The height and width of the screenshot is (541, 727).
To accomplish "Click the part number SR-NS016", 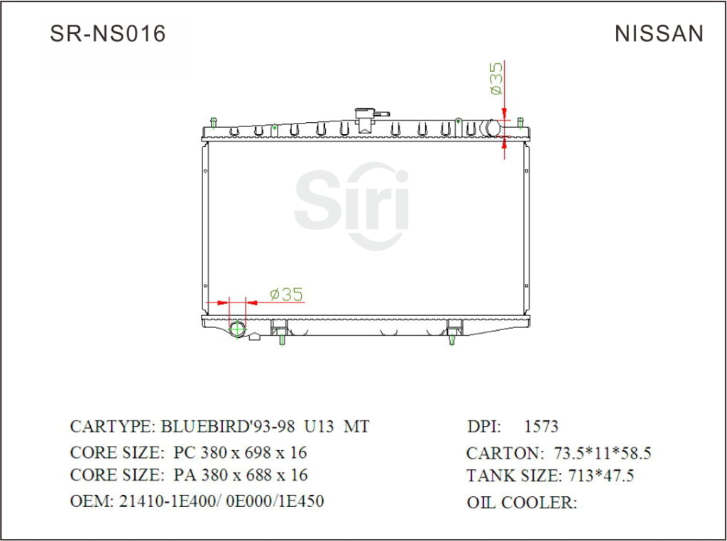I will [x=107, y=33].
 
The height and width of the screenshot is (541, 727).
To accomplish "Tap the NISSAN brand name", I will [x=659, y=33].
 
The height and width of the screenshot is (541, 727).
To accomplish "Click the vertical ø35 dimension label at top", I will [x=496, y=78].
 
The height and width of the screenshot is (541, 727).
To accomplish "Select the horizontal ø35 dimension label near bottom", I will [x=287, y=294].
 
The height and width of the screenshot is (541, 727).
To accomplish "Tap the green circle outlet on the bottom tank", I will [x=237, y=329].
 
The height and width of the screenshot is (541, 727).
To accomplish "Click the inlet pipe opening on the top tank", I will [x=491, y=128].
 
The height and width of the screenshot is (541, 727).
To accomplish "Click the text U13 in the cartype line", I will [x=319, y=427].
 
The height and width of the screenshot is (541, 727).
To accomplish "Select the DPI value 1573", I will [x=541, y=427].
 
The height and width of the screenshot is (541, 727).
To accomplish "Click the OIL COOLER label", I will [x=521, y=503].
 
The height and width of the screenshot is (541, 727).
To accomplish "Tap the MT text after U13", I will [x=356, y=427].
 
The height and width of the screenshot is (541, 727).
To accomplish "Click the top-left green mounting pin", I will [x=214, y=122].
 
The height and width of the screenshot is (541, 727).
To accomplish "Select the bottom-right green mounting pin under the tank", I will [x=452, y=340].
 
